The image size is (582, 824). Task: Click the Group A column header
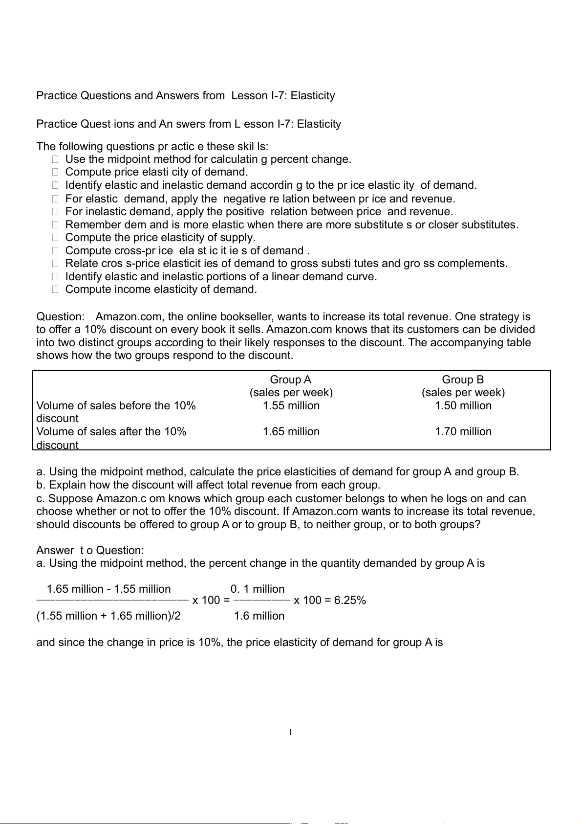click(x=290, y=379)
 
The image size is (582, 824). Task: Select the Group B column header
click(x=463, y=379)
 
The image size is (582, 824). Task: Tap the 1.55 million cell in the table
click(x=291, y=405)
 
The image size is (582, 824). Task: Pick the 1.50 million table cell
click(x=463, y=405)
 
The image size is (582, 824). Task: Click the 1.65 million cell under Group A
click(x=291, y=431)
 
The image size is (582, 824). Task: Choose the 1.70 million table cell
click(x=463, y=431)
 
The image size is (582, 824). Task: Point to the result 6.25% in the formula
click(x=350, y=601)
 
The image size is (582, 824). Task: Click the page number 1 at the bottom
click(x=290, y=732)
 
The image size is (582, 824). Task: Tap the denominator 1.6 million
click(x=259, y=616)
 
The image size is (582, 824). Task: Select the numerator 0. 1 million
click(x=258, y=589)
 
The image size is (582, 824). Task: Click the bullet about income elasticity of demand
click(x=161, y=289)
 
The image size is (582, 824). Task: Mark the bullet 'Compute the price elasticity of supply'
click(x=160, y=237)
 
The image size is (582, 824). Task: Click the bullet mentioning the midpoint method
click(x=208, y=159)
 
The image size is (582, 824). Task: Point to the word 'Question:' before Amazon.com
click(x=60, y=316)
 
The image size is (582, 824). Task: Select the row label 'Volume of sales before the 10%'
click(x=116, y=405)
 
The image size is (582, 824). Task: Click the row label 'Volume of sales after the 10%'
click(x=111, y=431)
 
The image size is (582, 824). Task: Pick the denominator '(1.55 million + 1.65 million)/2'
click(x=108, y=616)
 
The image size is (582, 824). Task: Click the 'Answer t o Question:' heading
click(x=90, y=550)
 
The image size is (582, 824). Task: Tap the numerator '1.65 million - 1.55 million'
click(x=108, y=589)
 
